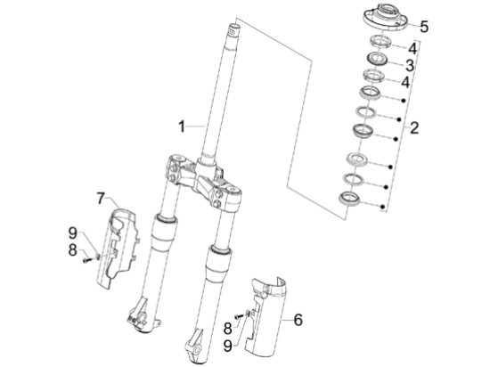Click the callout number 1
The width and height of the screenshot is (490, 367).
point(182,126)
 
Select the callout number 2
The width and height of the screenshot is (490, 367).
point(414,127)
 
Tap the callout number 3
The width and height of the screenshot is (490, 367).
point(410,66)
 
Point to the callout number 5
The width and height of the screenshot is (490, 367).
point(424,27)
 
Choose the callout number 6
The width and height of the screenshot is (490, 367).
point(298,320)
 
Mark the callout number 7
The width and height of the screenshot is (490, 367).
point(101,199)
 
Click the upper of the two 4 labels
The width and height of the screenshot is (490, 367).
point(412,49)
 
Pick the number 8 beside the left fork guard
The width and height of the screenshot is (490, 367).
point(72,250)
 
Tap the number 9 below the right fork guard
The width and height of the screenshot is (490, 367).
point(228,346)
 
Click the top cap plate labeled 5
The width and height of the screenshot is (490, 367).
point(385,17)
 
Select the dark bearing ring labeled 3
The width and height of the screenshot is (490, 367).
point(378,58)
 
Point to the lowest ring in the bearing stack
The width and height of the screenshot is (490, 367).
point(350,199)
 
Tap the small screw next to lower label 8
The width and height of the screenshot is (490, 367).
point(239,316)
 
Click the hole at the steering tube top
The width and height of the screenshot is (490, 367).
point(233,30)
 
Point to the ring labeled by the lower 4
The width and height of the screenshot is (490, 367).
point(373,76)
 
